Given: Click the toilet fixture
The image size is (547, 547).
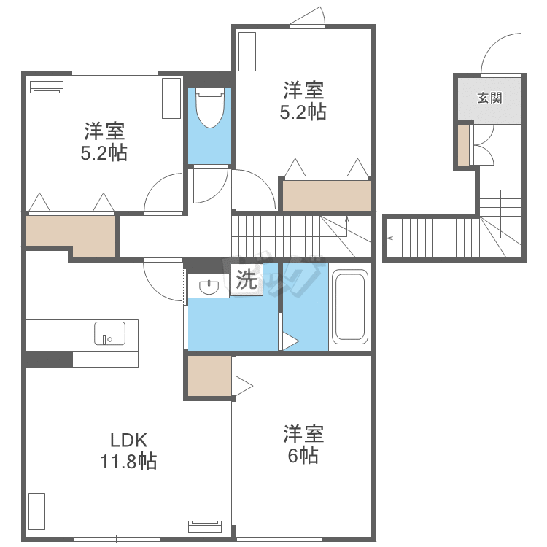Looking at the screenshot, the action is pos(210,108).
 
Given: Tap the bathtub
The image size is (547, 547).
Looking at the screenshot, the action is pos(350,306).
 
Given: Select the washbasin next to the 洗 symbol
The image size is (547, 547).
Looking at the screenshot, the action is pos(209,287).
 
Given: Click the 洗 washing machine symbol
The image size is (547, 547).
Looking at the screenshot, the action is pos(247,280).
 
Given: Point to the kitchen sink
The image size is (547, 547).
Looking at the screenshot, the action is pos(109,333).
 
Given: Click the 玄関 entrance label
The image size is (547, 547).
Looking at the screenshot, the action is pos(490,98).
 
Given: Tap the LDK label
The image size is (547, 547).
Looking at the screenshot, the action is pos(128,441).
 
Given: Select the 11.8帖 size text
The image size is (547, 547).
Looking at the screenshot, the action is pos(128,461).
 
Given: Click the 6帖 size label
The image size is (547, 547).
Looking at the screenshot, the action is pos(303,455).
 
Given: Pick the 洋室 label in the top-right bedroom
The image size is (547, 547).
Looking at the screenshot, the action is pos(303,90).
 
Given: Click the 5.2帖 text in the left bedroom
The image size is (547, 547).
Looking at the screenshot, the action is pos(104,153).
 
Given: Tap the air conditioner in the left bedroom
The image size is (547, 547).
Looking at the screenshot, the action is pos(47,87).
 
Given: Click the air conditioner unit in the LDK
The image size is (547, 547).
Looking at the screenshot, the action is pos(205,527).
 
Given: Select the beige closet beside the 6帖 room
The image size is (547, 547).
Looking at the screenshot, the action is pos(209,376).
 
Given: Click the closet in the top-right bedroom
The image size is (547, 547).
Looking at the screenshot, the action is pos(327,195).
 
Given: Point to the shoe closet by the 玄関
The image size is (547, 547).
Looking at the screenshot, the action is pos(464,145).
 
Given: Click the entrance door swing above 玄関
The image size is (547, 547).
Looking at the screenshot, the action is pos(501,53).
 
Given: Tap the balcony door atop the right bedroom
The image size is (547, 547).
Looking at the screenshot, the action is pos(307,16).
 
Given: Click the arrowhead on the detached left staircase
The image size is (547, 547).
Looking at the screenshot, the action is pos(389,238).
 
